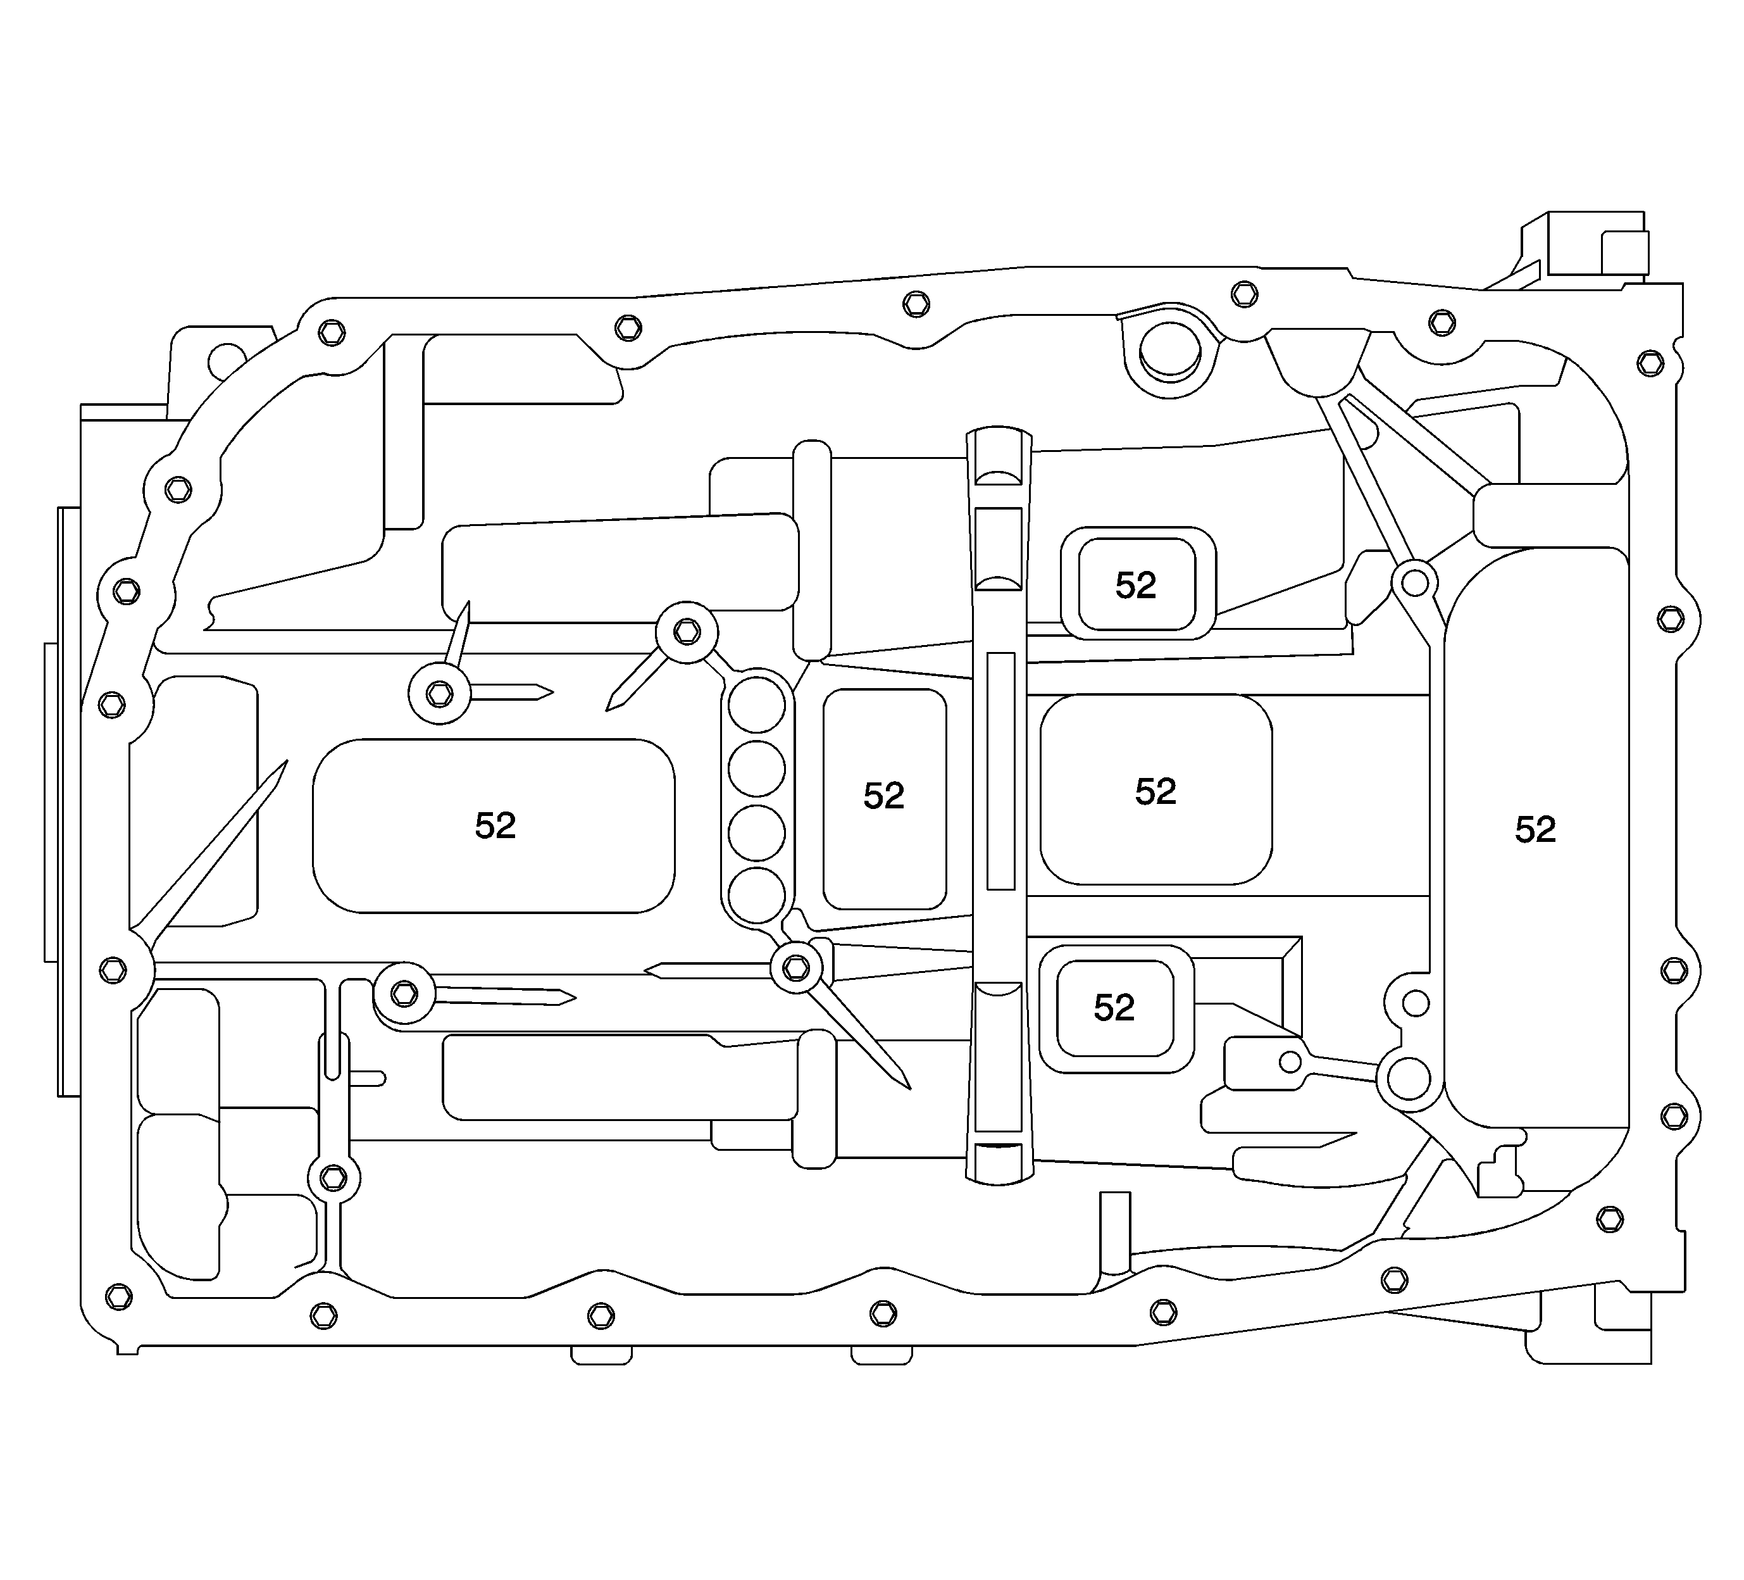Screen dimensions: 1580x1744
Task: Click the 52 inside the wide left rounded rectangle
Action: (x=495, y=826)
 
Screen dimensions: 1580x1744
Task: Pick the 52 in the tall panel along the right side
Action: (x=1535, y=830)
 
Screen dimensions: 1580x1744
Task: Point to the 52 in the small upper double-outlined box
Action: (x=1135, y=586)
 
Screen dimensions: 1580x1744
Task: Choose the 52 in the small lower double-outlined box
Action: (x=1113, y=1007)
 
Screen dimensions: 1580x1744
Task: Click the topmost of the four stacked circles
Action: (x=756, y=705)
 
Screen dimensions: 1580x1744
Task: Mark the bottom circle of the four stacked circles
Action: (x=756, y=896)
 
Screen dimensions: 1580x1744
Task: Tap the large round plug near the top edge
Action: (x=1169, y=351)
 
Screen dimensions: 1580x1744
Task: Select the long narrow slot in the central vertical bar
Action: (x=1000, y=771)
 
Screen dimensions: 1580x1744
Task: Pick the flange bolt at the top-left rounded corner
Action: (x=332, y=332)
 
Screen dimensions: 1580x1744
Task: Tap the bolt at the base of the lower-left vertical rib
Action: (x=333, y=1177)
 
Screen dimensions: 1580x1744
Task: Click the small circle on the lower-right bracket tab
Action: (x=1290, y=1062)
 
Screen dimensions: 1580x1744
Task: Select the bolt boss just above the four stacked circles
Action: (x=687, y=632)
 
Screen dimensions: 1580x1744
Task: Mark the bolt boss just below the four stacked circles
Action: (x=796, y=967)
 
